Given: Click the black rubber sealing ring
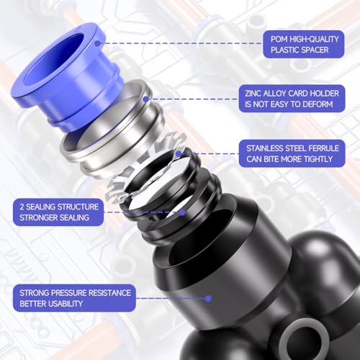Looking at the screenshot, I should click(x=173, y=205).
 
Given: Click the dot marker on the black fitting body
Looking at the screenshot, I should click(x=208, y=298).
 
